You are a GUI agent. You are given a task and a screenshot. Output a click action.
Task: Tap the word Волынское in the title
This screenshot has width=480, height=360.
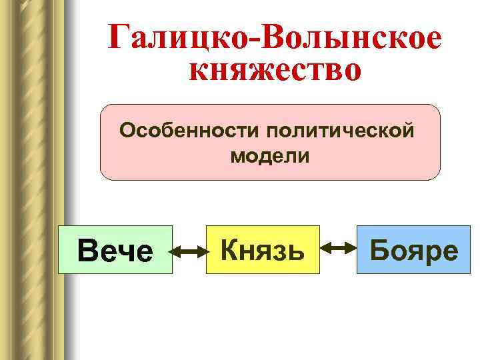coord(353,37)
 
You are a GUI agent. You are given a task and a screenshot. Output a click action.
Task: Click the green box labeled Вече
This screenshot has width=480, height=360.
coord(115,250)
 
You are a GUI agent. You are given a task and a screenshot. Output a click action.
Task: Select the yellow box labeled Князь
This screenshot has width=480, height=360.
coord(263,250)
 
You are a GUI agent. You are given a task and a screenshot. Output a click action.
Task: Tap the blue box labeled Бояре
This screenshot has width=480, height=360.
coord(413,250)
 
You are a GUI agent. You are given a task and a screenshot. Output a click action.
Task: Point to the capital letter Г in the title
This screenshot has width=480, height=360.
coord(121,37)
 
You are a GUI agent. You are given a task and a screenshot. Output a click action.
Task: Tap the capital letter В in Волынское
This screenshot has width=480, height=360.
coord(275,37)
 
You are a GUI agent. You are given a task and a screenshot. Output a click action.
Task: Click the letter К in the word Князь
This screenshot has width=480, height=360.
coord(229,250)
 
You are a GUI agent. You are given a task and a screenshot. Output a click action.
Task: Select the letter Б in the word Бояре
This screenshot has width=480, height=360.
coord(379,250)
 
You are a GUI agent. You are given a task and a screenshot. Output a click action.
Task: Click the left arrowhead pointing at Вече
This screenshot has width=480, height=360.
coord(174,251)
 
